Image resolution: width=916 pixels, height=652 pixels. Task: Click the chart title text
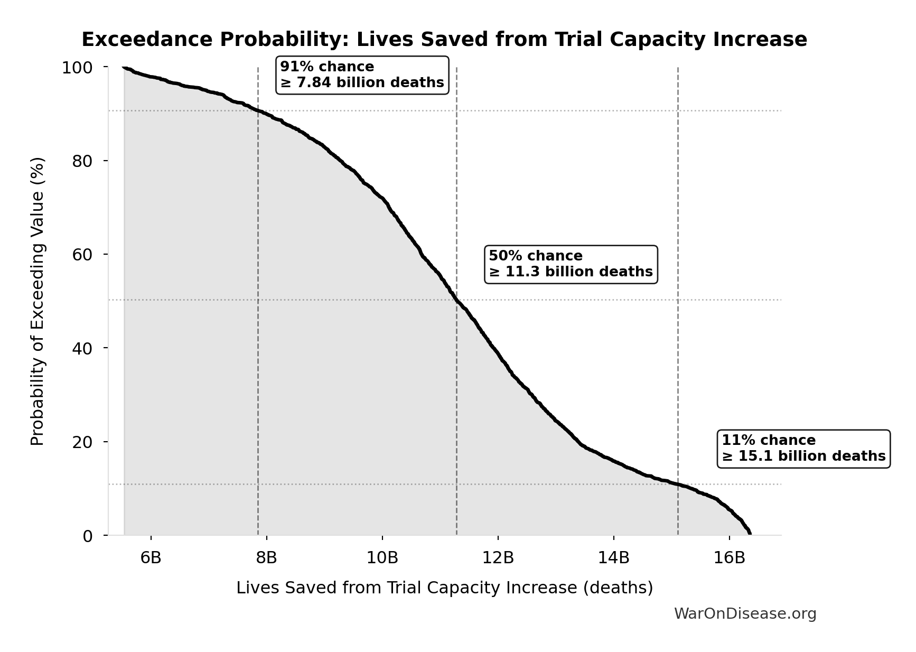point(444,40)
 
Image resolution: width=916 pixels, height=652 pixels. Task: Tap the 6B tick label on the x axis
point(151,557)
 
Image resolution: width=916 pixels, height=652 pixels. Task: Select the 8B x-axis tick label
point(266,557)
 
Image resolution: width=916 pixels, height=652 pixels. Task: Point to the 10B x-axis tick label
point(382,557)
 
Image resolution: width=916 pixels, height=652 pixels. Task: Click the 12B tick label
point(498,557)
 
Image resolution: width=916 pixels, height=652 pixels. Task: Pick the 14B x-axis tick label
point(613,557)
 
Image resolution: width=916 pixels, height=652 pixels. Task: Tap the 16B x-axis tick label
point(729,557)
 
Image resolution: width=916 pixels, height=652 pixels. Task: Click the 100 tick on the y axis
point(77,68)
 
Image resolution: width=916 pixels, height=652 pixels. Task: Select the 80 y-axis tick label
point(82,161)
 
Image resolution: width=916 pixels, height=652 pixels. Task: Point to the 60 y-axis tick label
point(82,255)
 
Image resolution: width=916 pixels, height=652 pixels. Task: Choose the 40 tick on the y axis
point(82,348)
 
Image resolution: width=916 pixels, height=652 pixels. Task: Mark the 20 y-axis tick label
point(82,442)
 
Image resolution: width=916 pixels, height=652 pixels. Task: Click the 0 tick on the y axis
point(87,536)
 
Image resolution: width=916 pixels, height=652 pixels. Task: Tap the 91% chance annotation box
point(362,75)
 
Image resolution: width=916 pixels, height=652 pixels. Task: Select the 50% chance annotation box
point(571,264)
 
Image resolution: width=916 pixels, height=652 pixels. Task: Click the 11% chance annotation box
point(803,449)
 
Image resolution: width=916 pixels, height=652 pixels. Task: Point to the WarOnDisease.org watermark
point(745,613)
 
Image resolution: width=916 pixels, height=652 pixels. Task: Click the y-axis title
point(38,301)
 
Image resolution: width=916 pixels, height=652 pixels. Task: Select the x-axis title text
point(444,588)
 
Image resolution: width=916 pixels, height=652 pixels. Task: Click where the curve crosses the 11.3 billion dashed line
point(456,300)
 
